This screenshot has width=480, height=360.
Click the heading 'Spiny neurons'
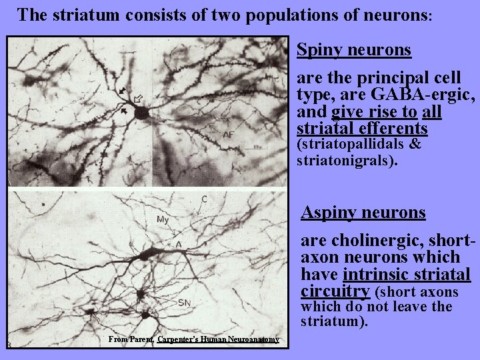(353, 50)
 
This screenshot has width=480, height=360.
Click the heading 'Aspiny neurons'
(363, 212)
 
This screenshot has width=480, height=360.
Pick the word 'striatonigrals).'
(347, 159)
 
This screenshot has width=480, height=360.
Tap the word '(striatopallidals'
(351, 144)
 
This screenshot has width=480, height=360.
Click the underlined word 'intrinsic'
(373, 275)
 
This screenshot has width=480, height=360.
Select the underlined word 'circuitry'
(336, 291)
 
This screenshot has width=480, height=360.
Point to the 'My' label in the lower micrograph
(163, 219)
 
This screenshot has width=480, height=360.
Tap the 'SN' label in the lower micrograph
(184, 303)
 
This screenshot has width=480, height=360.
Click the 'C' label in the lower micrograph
(203, 199)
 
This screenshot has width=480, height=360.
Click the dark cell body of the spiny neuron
(141, 113)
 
